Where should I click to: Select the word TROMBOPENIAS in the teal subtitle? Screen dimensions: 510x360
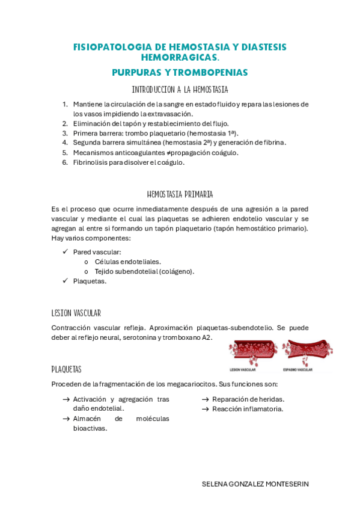[x=211, y=72]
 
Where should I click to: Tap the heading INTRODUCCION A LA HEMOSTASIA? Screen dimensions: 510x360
[x=180, y=90]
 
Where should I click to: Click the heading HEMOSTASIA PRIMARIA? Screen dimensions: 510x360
[x=180, y=194]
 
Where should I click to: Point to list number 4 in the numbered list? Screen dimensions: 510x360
[x=65, y=143]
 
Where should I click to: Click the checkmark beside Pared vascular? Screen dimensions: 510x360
[x=66, y=252]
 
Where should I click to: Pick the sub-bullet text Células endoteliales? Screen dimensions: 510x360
[x=119, y=262]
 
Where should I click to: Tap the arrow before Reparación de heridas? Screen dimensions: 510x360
[x=205, y=399]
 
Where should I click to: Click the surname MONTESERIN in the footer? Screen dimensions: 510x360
[x=287, y=484]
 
